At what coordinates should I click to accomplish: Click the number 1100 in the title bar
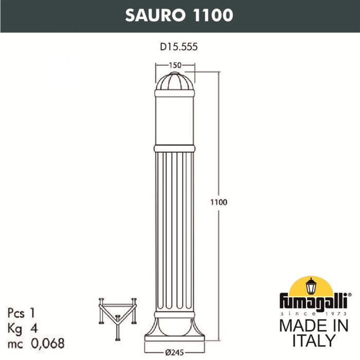pos(212,15)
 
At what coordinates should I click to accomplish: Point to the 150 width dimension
pos(176,65)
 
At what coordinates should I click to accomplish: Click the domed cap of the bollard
pos(176,84)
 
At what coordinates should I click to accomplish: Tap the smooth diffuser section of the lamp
pos(176,121)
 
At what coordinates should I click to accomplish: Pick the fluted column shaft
pos(176,231)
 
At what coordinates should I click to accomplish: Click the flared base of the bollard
pos(176,329)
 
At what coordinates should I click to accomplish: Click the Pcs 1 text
pos(25,312)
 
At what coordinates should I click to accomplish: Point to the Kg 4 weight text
pos(24,328)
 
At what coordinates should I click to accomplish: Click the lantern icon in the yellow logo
pos(311,286)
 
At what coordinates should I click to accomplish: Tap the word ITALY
pos(313,340)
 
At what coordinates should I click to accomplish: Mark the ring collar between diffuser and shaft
pos(176,148)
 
